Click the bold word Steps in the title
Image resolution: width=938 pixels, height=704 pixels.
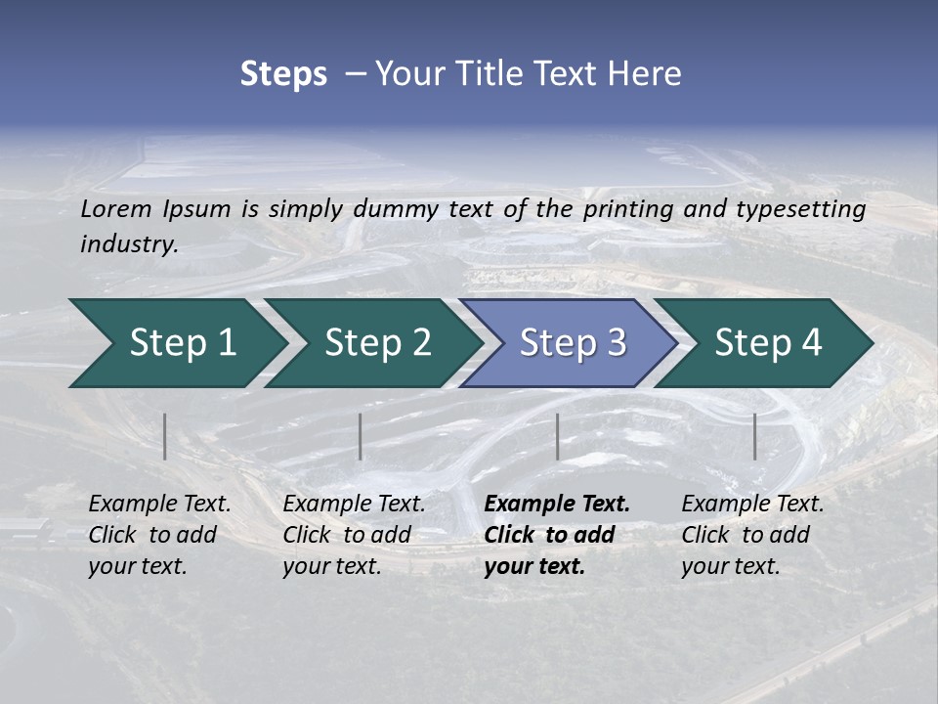click(x=283, y=74)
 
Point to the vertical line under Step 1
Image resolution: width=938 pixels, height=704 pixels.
click(x=164, y=436)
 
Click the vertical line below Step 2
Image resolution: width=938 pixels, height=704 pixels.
click(x=361, y=436)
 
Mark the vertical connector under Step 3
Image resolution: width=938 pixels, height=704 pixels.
click(x=557, y=436)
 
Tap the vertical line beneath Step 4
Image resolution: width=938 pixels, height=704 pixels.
click(x=754, y=436)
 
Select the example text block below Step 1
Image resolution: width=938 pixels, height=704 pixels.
click(x=159, y=535)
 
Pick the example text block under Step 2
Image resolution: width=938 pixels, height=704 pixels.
click(x=354, y=535)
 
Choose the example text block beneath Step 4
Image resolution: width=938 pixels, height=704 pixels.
click(x=752, y=535)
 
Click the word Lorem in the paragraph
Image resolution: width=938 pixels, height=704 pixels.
click(x=115, y=208)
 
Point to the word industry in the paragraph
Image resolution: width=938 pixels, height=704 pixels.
click(x=128, y=244)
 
